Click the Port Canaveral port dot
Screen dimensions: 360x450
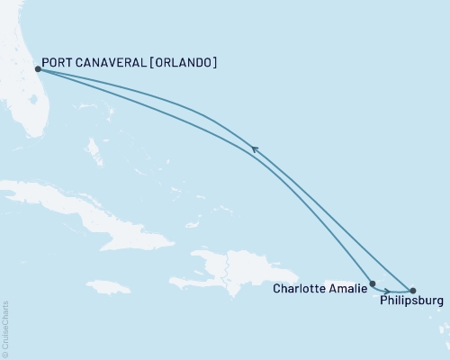pyautogui.click(x=37, y=68)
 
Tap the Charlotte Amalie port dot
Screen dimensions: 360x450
pyautogui.click(x=372, y=283)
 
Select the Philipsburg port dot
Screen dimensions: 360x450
pyautogui.click(x=412, y=291)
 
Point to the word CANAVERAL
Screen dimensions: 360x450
pyautogui.click(x=112, y=63)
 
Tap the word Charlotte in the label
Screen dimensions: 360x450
pyautogui.click(x=301, y=289)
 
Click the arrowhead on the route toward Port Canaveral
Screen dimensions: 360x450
pyautogui.click(x=255, y=150)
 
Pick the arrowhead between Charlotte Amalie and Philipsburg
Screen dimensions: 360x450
pyautogui.click(x=386, y=291)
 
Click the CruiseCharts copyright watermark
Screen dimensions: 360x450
pyautogui.click(x=5, y=328)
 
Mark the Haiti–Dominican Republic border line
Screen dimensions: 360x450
pyautogui.click(x=228, y=267)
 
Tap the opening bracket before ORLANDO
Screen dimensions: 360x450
pyautogui.click(x=148, y=63)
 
